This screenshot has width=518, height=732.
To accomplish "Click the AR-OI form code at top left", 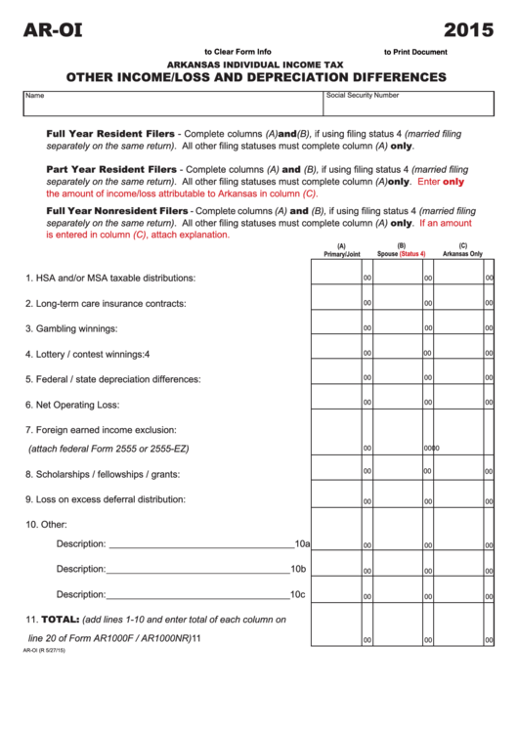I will point(54,29).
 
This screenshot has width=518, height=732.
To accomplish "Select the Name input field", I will point(173,103).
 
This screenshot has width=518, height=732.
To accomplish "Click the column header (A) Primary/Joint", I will point(341,250).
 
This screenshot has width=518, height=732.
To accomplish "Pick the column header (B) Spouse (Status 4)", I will point(401,250).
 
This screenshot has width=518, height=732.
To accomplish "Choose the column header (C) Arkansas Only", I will point(462,250).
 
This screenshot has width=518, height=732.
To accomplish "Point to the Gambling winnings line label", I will point(71,328).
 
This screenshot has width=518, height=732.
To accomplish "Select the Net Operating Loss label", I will point(72,404).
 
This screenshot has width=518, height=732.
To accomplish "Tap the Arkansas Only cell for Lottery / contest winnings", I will point(458,352).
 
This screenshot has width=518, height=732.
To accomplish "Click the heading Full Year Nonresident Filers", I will point(117,210).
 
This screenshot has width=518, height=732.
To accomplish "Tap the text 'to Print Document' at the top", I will point(415,52).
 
